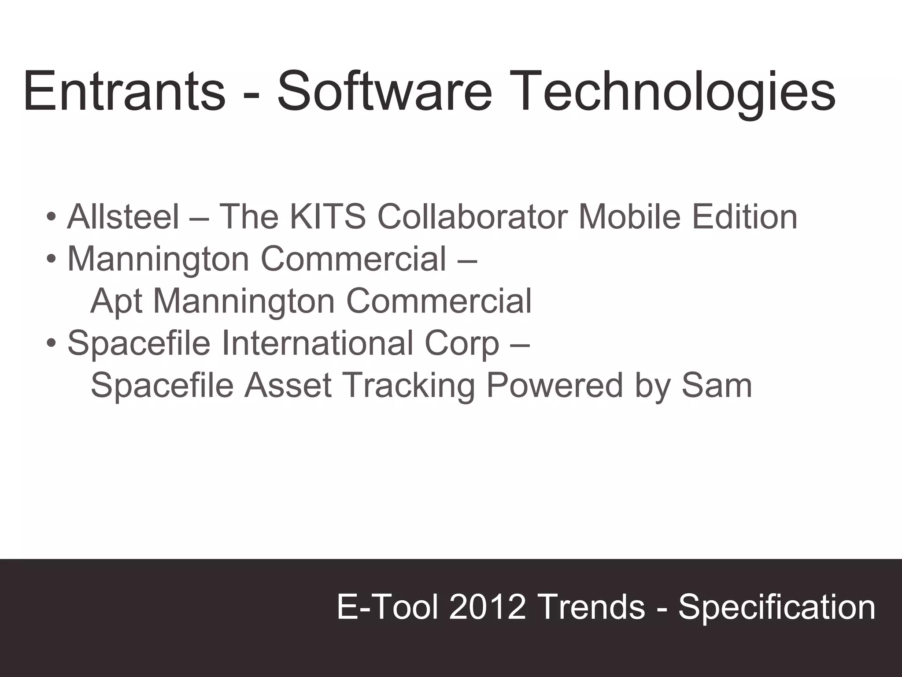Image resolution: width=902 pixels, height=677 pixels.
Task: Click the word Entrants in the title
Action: pyautogui.click(x=124, y=92)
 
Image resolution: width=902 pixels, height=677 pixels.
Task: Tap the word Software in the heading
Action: pyautogui.click(x=384, y=92)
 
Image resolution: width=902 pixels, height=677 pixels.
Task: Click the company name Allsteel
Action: pyautogui.click(x=123, y=216)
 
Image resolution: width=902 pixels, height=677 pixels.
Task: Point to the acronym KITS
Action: pyautogui.click(x=327, y=216)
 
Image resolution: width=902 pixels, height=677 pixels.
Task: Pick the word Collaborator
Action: pyautogui.click(x=472, y=216)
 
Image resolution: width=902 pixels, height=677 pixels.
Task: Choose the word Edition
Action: pyautogui.click(x=745, y=216)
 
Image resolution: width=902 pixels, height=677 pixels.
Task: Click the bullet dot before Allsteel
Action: pyautogui.click(x=51, y=217)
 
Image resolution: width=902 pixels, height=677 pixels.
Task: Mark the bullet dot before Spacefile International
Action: pyautogui.click(x=51, y=343)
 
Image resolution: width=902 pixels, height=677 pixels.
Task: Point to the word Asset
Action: pyautogui.click(x=288, y=385)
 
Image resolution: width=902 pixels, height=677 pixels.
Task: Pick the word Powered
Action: pyautogui.click(x=555, y=385)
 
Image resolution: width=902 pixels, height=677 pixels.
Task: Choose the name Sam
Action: pyautogui.click(x=717, y=385)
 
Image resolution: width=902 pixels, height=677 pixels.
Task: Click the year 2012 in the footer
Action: pyautogui.click(x=487, y=607)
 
